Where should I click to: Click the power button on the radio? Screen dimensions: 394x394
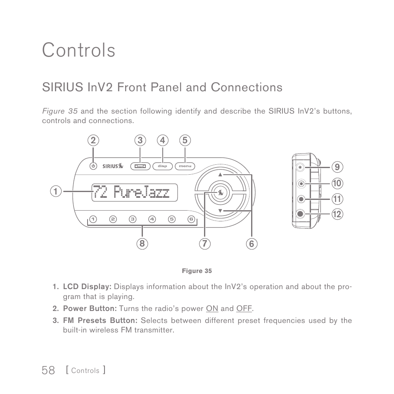[x=93, y=166]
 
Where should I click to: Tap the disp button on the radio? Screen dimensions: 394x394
[x=162, y=166]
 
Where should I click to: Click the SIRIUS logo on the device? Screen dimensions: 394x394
[x=113, y=166]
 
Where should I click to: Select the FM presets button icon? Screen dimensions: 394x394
[x=140, y=166]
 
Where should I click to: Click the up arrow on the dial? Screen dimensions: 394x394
[x=220, y=175]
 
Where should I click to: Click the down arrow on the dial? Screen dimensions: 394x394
[x=220, y=211]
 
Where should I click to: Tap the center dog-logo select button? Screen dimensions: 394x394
[x=220, y=192]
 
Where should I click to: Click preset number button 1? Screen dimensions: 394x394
[x=93, y=219]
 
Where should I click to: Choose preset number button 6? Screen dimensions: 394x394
[x=191, y=219]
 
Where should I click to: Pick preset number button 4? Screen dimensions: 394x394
[x=152, y=219]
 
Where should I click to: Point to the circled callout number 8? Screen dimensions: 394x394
[x=142, y=244]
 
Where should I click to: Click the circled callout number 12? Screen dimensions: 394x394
[x=337, y=214]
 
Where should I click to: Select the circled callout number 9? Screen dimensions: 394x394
[x=337, y=167]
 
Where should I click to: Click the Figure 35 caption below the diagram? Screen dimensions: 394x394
[x=197, y=271]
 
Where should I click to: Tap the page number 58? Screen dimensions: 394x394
[x=48, y=370]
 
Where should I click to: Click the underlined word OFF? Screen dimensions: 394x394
[x=244, y=309]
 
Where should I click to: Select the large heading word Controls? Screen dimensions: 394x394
[x=78, y=50]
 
